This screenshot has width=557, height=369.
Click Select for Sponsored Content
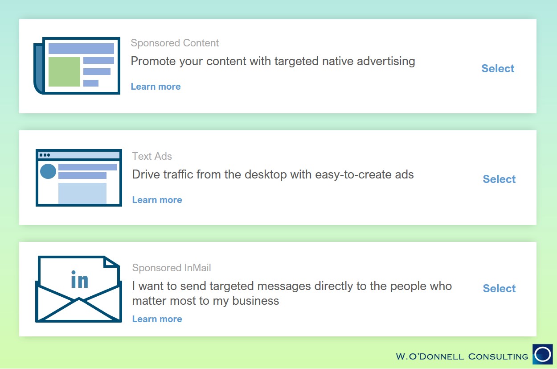click(x=498, y=68)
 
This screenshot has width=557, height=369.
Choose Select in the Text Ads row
click(x=499, y=179)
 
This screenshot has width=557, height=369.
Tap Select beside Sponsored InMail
click(x=499, y=288)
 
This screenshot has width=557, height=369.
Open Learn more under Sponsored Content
click(x=156, y=87)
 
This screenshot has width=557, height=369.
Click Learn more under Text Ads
click(x=157, y=200)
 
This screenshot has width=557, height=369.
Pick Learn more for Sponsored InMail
click(x=157, y=319)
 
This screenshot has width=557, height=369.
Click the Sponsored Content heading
click(x=175, y=43)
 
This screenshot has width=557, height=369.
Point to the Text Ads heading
click(x=152, y=156)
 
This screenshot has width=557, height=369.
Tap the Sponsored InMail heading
click(x=171, y=268)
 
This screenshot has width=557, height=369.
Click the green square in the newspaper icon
click(x=64, y=72)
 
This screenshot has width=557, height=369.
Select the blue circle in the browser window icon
click(x=48, y=171)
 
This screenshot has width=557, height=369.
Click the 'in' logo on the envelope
click(x=80, y=279)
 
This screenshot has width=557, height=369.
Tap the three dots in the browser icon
click(x=45, y=155)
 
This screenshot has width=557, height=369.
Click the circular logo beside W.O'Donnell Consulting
click(x=543, y=354)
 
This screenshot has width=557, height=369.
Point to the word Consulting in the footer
click(x=498, y=357)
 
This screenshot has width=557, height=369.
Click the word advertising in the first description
click(x=386, y=61)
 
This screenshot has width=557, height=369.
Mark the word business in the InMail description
click(x=255, y=301)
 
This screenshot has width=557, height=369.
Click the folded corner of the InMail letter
click(x=110, y=262)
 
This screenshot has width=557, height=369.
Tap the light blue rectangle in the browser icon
click(x=82, y=194)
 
